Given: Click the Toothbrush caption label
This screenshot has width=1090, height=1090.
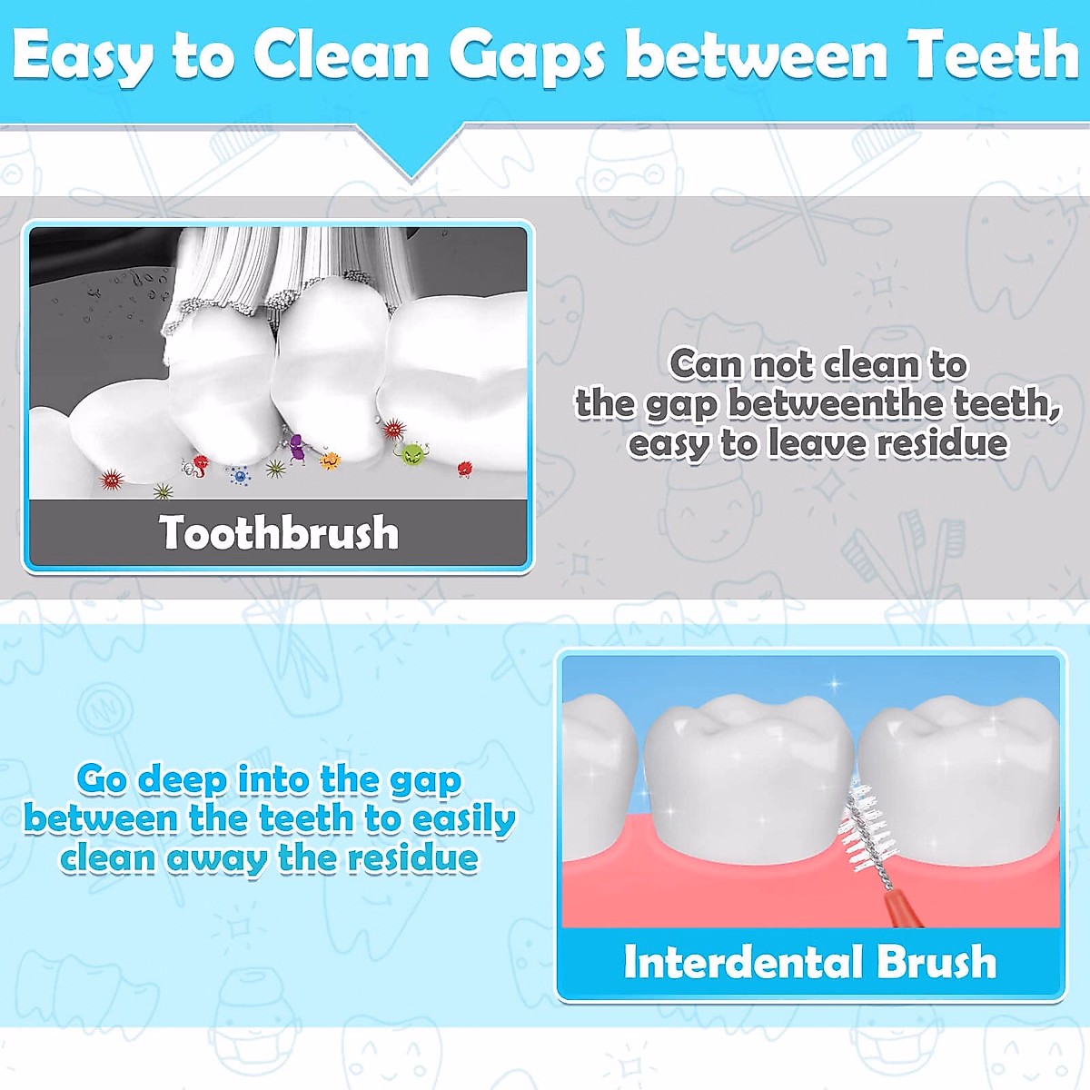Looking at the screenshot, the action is point(279,532).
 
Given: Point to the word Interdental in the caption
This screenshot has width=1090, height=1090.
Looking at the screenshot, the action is point(741,962).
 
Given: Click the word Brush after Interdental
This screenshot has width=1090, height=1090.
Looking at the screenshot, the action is point(936,962).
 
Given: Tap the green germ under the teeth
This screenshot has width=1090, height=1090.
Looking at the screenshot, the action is point(412,453).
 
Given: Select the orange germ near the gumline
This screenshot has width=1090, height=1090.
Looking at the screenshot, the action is point(329,461).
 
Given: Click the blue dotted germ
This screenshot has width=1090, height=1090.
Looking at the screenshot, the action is point(240,474).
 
